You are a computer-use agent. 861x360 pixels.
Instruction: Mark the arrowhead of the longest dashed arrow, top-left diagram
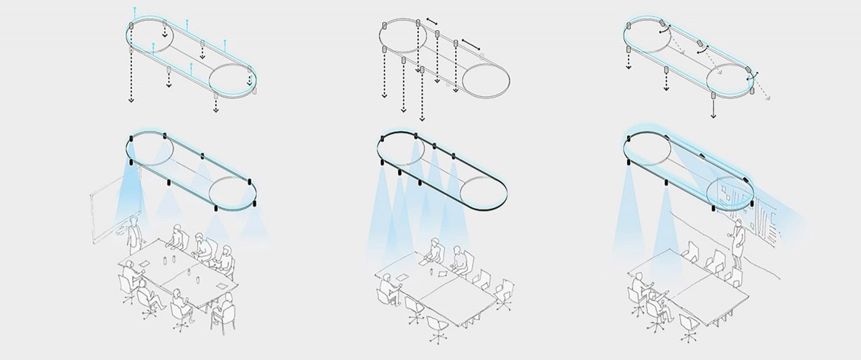pos(131,101)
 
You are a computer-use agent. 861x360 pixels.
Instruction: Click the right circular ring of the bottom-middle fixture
pos(485,191)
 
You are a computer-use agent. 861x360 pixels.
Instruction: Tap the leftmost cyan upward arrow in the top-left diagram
pos(134,9)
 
